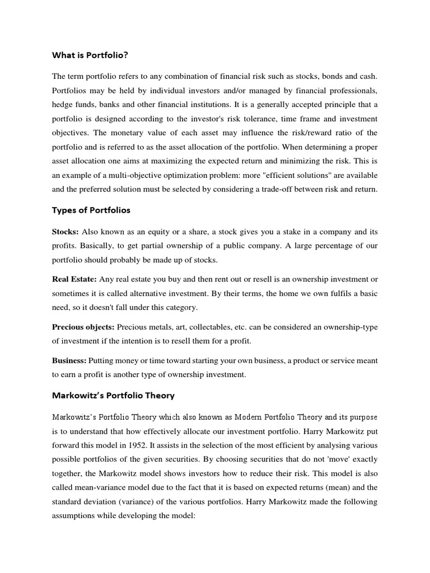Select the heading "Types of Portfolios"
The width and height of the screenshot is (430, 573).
pos(91,210)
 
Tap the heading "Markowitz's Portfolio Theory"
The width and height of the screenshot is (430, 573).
pos(113,395)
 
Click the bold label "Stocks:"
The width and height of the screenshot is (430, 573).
pos(66,231)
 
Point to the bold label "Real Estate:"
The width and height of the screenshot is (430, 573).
pos(74,279)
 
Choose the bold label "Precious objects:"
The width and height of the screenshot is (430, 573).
pos(83,326)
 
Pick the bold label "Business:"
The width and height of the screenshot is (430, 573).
pos(69,361)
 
